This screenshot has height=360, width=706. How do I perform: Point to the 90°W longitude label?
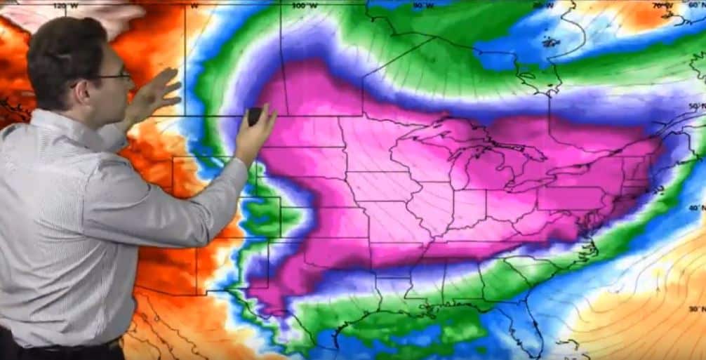[x=424, y=5]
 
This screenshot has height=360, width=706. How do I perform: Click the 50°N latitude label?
[x=695, y=107]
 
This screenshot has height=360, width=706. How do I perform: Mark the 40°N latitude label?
[x=695, y=208]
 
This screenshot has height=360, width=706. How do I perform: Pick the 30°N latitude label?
[x=695, y=309]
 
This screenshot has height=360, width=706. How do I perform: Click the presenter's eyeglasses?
[x=112, y=76]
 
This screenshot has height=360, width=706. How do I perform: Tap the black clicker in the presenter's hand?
[x=255, y=116]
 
